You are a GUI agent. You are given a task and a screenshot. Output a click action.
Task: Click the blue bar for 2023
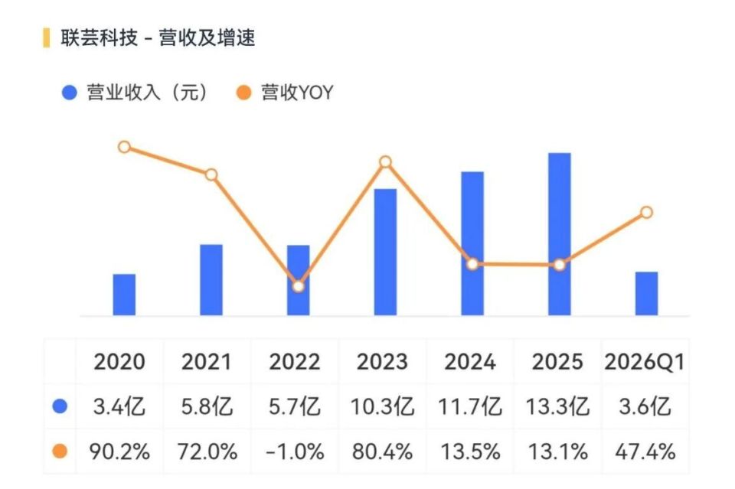[x=385, y=252]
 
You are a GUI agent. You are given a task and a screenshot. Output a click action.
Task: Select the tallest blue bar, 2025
[x=559, y=234]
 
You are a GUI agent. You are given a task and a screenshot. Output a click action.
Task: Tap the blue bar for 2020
[x=124, y=295]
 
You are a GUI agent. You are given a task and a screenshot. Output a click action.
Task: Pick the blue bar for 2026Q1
[x=646, y=294]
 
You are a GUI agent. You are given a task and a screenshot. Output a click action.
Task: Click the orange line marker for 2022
[x=298, y=286]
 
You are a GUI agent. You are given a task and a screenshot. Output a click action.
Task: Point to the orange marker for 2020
[x=124, y=147]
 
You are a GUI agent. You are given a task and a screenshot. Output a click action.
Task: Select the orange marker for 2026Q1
[x=646, y=213]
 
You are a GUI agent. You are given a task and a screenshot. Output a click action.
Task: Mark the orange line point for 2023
[x=385, y=162]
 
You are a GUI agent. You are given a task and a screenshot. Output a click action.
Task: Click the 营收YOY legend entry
[x=285, y=93]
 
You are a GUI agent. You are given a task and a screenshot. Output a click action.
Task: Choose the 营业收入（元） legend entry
[x=135, y=93]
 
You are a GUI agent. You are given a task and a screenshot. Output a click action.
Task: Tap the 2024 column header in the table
[x=469, y=362]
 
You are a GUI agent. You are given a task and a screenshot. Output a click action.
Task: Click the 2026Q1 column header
[x=645, y=362]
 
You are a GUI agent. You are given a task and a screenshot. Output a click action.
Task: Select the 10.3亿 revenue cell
[x=382, y=406]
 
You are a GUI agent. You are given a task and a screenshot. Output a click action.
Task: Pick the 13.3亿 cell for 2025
[x=557, y=406]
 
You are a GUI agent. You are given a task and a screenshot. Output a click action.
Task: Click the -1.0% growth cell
[x=294, y=452]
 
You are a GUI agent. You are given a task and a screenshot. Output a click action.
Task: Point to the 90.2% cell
[x=119, y=452]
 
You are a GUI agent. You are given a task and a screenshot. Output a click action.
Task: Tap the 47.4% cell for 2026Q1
[x=645, y=452]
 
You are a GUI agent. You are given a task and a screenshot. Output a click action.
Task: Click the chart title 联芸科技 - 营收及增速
[x=158, y=38]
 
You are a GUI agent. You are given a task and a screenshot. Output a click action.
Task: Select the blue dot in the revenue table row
[x=60, y=406]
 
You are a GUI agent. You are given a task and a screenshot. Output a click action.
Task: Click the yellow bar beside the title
[x=47, y=38]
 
